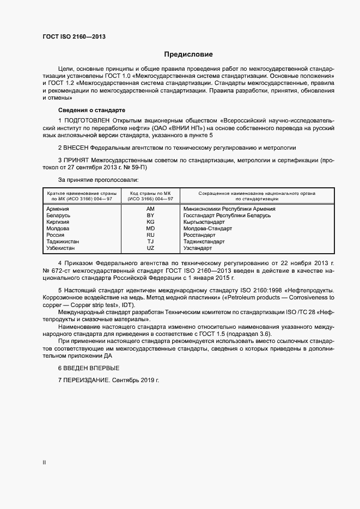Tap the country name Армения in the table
pyautogui.click(x=58, y=209)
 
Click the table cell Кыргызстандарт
pyautogui.click(x=204, y=222)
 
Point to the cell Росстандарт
pyautogui.click(x=199, y=235)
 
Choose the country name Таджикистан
pyautogui.click(x=63, y=242)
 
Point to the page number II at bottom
pyautogui.click(x=44, y=463)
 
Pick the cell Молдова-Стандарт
pyautogui.click(x=208, y=229)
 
